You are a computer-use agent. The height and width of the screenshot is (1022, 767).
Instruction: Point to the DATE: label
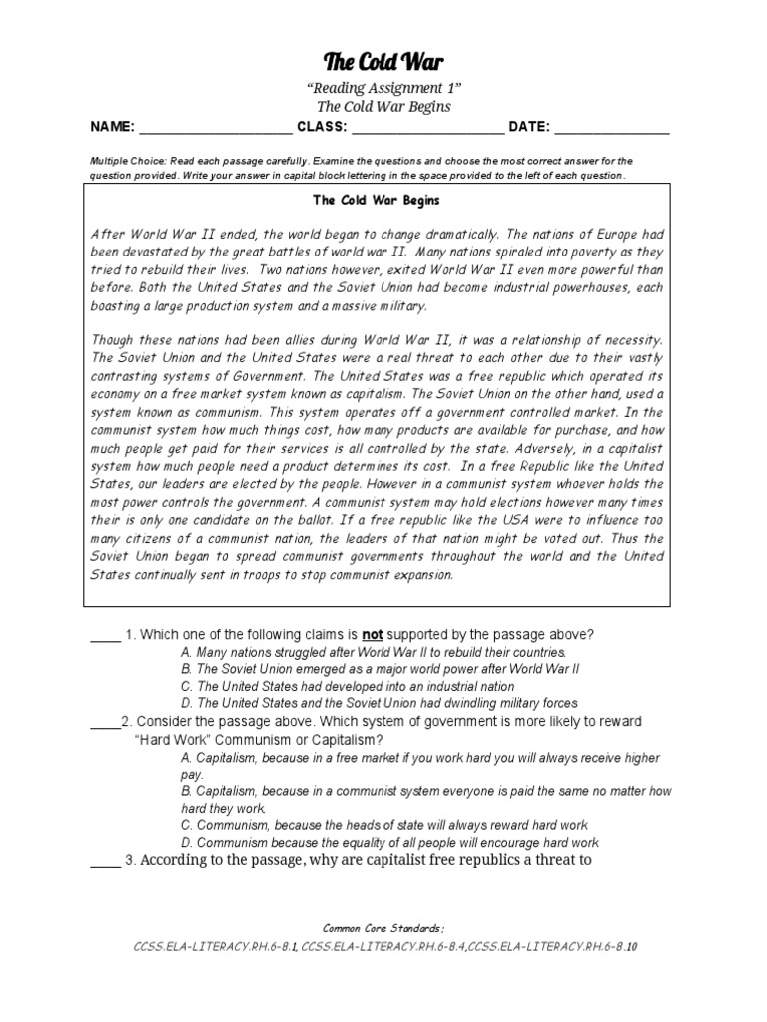pos(529,127)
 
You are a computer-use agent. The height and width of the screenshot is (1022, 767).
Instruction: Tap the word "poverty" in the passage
pos(570,253)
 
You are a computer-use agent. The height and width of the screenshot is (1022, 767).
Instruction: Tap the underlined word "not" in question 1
pos(372,634)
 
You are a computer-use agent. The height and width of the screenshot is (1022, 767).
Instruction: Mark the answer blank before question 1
pos(104,636)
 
